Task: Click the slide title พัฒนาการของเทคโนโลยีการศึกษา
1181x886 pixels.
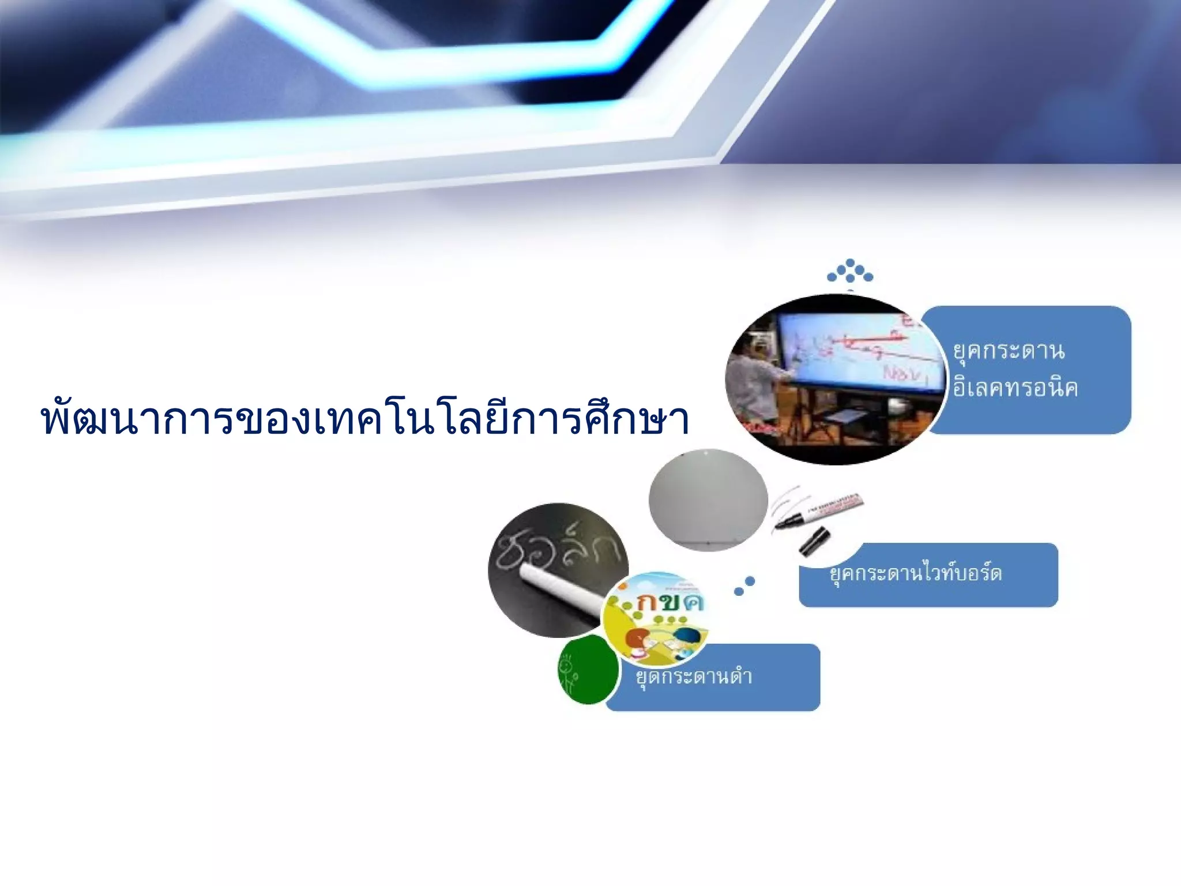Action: click(x=364, y=419)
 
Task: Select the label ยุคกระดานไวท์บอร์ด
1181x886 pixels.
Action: click(x=916, y=573)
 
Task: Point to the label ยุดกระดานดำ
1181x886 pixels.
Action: click(x=694, y=676)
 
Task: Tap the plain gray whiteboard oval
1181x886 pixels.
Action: click(x=708, y=500)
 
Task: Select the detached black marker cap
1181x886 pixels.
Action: click(x=815, y=542)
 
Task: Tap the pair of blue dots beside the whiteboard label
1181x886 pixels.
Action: click(x=744, y=586)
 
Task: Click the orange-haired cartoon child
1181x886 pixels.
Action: click(x=637, y=641)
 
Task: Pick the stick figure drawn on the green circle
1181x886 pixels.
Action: click(x=568, y=673)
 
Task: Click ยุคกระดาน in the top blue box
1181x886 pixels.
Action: click(x=1009, y=351)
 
